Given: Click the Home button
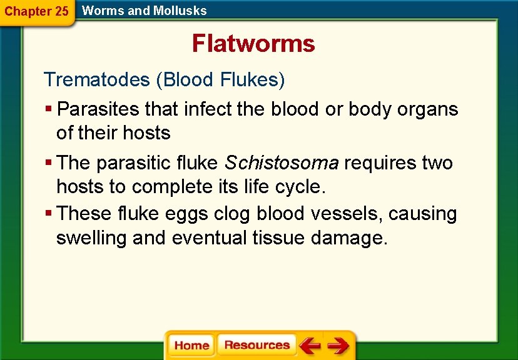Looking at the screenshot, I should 191,346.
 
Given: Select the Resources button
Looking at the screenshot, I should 256,345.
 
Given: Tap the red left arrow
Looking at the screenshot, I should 309,345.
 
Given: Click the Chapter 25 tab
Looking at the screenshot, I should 36,11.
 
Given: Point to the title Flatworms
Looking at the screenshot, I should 253,44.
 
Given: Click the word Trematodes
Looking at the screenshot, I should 97,80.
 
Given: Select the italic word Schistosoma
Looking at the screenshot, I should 282,163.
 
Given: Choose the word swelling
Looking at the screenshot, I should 92,238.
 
